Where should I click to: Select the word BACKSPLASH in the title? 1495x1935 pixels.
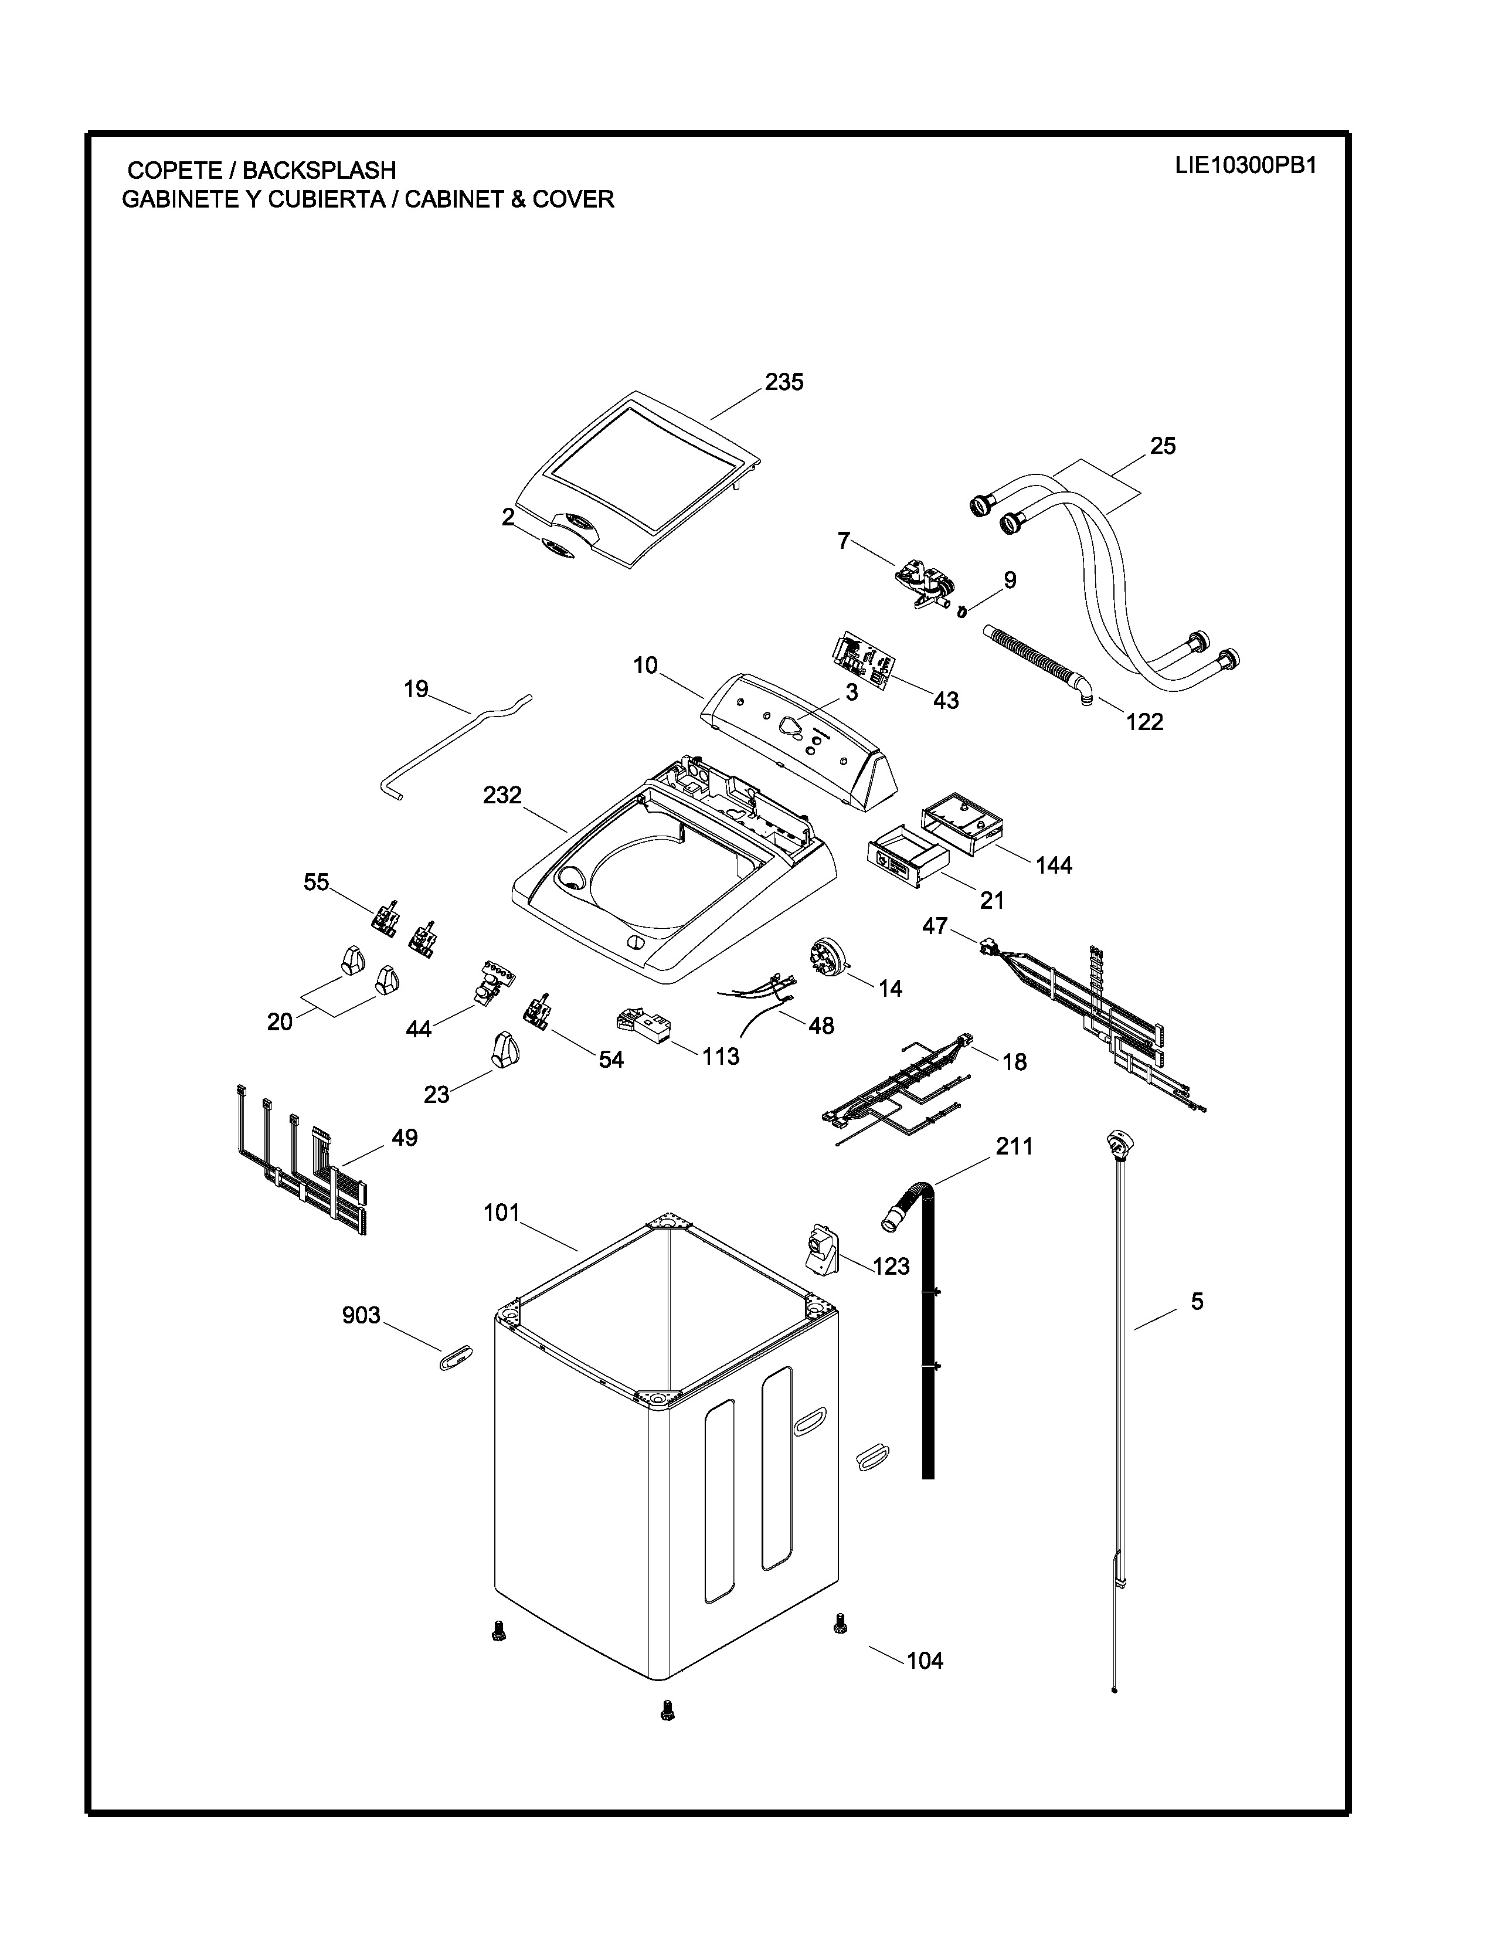(x=319, y=170)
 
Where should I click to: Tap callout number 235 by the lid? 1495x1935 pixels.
(x=784, y=382)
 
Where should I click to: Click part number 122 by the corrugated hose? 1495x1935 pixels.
(x=1144, y=722)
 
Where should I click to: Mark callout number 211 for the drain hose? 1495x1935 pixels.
(x=1014, y=1146)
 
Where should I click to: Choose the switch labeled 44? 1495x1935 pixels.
(x=491, y=980)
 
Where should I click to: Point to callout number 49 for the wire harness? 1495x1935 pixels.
(x=404, y=1138)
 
